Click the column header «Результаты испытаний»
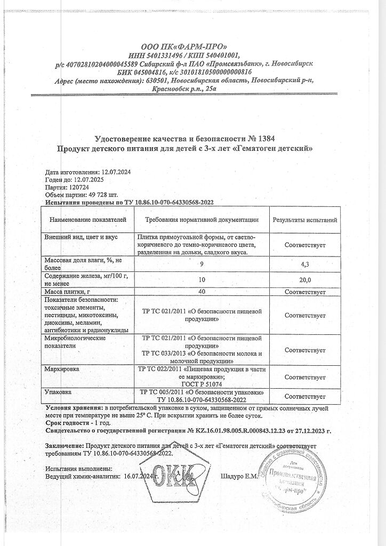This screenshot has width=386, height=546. [304, 220]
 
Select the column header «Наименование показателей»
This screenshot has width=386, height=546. [88, 220]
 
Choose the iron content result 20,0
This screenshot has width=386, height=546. [305, 279]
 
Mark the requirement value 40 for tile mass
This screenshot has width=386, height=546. [202, 291]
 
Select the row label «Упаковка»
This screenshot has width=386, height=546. [59, 392]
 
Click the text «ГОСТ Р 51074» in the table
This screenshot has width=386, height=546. [202, 384]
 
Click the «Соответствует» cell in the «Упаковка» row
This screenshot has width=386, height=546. [305, 396]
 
